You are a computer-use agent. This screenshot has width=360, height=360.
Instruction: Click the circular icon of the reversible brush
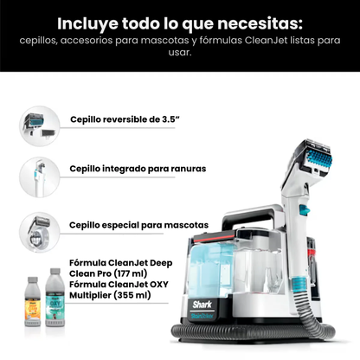point(37,119)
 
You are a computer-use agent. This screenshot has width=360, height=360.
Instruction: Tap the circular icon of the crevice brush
point(37,172)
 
